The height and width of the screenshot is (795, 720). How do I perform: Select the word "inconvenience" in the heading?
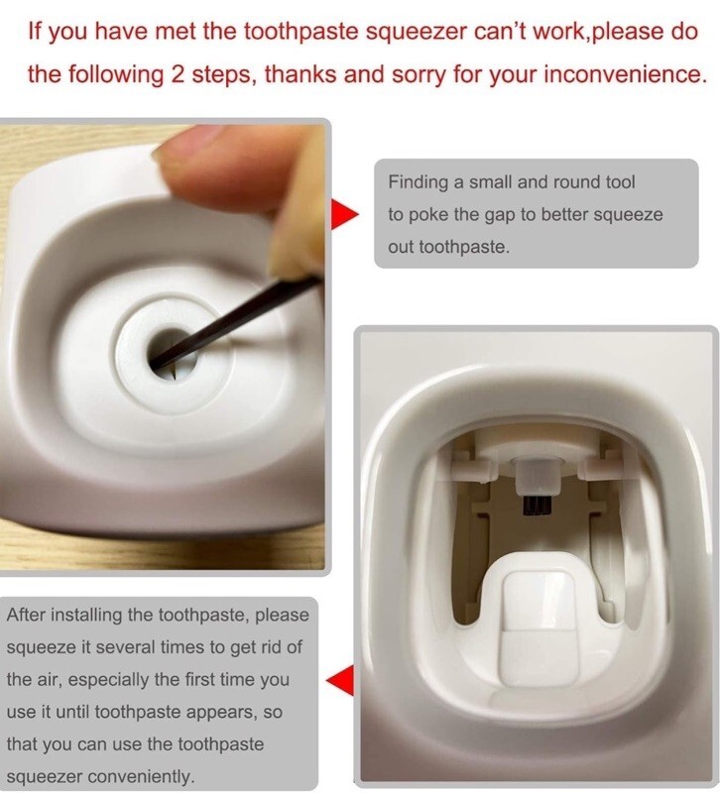tap(625, 74)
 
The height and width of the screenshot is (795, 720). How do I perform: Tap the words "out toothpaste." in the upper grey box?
tap(448, 248)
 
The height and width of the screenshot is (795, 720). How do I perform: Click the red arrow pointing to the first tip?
tap(345, 214)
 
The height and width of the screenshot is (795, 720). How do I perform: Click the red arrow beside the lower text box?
tap(340, 679)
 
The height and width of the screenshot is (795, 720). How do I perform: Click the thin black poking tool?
tap(236, 322)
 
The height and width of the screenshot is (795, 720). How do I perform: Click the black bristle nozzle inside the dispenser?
tap(537, 502)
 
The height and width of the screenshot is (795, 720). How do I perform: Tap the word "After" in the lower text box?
tap(27, 615)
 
